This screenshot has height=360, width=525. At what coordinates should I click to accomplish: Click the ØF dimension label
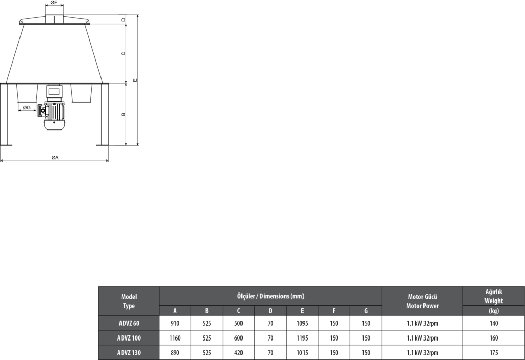coord(54,3)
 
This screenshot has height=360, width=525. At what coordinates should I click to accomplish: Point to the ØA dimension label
coord(55,158)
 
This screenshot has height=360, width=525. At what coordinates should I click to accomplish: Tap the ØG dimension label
coord(27,108)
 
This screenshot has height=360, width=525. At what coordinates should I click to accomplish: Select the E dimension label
coord(135,80)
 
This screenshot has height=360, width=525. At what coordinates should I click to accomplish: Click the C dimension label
coord(123,53)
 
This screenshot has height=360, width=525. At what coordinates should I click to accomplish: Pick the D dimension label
coord(123,20)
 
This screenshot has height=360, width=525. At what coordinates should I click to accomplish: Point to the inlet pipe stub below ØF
coord(54,19)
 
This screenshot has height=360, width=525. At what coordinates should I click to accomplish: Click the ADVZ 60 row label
coord(129,323)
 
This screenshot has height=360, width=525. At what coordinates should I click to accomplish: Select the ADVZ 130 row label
coord(129,353)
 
